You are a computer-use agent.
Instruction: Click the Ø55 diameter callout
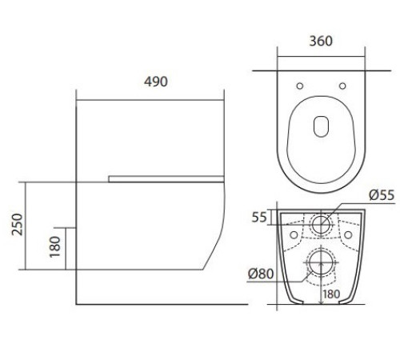(380, 194)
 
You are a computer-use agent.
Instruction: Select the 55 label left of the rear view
(258, 217)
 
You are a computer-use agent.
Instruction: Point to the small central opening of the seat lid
(320, 126)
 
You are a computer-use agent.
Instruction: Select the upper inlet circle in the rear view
(320, 224)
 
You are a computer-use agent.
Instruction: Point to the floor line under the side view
(160, 305)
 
